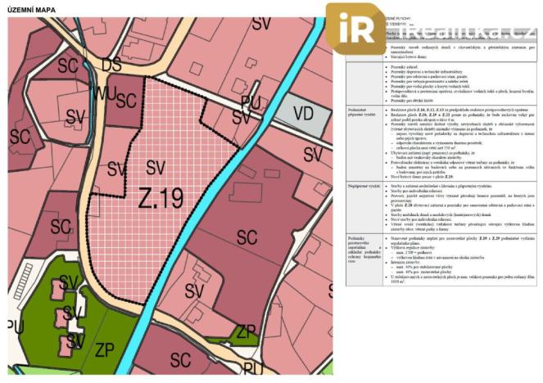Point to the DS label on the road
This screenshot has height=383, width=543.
(x=111, y=64)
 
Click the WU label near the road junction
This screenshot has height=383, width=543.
(x=103, y=92)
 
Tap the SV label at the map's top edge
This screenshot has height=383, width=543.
(x=260, y=24)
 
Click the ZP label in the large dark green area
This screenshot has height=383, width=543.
(x=103, y=350)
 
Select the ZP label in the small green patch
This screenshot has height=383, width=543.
(x=246, y=331)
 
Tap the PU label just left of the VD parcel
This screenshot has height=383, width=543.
(x=249, y=101)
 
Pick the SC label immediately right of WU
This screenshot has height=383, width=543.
(x=125, y=100)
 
